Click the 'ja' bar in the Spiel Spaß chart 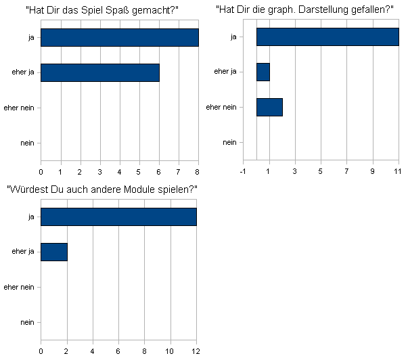pyautogui.click(x=120, y=37)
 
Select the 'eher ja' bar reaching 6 pyautogui.click(x=100, y=72)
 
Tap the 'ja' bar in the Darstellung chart pyautogui.click(x=327, y=37)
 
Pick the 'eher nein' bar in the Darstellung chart pyautogui.click(x=269, y=107)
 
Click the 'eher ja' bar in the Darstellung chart pyautogui.click(x=263, y=72)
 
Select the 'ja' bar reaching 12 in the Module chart pyautogui.click(x=118, y=217)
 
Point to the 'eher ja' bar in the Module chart pyautogui.click(x=54, y=252)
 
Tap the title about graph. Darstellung pyautogui.click(x=304, y=10)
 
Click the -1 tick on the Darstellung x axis pyautogui.click(x=244, y=171)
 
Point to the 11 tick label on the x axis pyautogui.click(x=399, y=171)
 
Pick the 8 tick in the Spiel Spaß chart pyautogui.click(x=198, y=171)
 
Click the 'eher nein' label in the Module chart pyautogui.click(x=19, y=287)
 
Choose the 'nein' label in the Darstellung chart pyautogui.click(x=230, y=142)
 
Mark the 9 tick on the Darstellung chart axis pyautogui.click(x=373, y=171)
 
